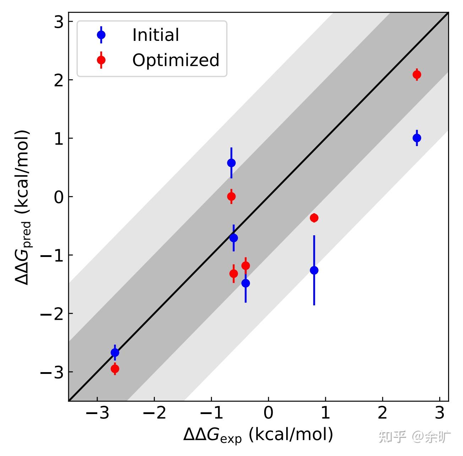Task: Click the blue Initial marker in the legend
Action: [101, 35]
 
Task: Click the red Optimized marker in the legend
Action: [101, 60]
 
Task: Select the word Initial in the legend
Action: [156, 35]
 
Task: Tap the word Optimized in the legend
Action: [176, 60]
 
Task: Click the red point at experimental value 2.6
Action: [417, 75]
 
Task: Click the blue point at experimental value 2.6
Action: [417, 138]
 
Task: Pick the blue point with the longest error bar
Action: [314, 270]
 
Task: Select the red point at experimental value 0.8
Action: [314, 218]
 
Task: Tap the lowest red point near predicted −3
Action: [115, 369]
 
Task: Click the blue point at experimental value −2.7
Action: [115, 353]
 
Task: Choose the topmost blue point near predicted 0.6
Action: [231, 163]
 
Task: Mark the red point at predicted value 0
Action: [231, 196]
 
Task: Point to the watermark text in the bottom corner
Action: [415, 437]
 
